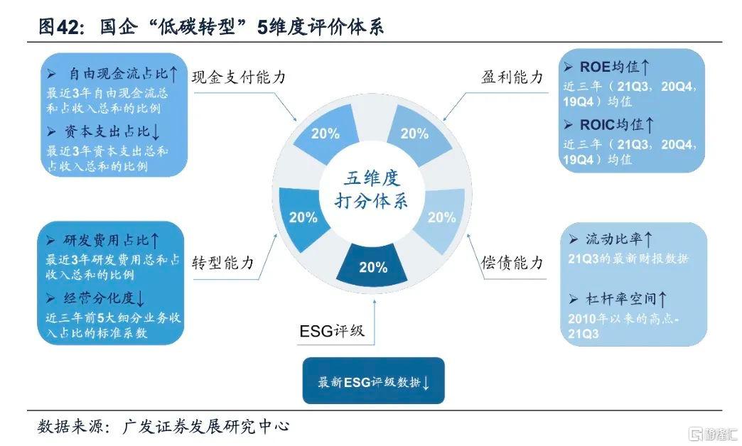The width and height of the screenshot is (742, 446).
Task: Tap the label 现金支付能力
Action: (x=239, y=77)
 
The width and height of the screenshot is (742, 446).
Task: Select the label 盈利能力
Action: (x=512, y=77)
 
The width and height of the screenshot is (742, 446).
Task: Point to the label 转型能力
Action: (x=223, y=263)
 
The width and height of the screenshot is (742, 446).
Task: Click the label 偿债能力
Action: (x=512, y=263)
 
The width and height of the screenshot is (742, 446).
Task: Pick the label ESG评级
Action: (x=332, y=331)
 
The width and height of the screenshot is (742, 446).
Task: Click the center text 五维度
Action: (x=372, y=178)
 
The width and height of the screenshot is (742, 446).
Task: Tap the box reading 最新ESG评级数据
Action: (x=373, y=381)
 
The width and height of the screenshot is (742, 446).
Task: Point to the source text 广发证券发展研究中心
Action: (x=206, y=426)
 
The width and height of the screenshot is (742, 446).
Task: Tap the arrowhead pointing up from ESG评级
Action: (x=375, y=302)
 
